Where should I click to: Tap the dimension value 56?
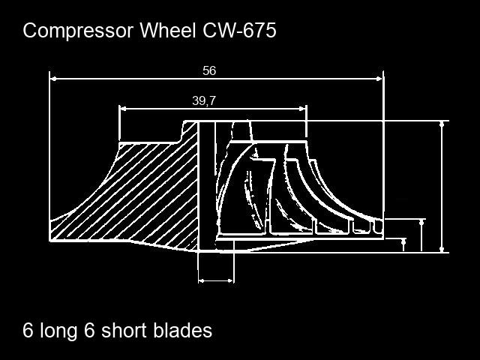209,70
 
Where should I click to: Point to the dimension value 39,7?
204,100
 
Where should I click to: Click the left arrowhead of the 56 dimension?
54,77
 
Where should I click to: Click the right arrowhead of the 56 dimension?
379,77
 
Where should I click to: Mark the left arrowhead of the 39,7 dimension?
124,109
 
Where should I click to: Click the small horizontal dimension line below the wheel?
216,281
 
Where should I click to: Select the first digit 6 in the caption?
28,331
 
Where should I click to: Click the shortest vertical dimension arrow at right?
404,244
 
